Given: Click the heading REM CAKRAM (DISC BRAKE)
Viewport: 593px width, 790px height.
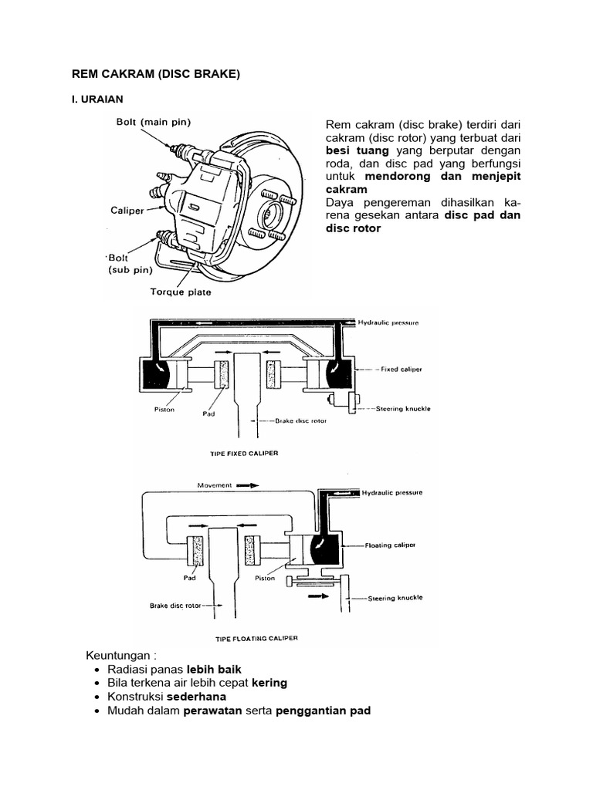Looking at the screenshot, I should pos(157,74).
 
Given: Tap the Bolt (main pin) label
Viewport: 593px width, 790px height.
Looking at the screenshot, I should pos(154,121).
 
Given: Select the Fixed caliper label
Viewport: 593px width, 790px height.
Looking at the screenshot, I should pos(401,370).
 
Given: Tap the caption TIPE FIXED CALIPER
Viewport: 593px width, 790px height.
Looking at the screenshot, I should pos(244,454).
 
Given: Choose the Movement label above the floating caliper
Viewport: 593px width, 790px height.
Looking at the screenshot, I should pos(215,486).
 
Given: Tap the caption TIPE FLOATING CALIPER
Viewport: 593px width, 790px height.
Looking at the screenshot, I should pos(255,639).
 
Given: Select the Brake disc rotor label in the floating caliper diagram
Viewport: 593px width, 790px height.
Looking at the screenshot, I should pos(175,606).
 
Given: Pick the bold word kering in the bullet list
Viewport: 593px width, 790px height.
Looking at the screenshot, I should pos(269,683).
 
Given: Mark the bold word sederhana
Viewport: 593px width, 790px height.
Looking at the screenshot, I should pos(196,697).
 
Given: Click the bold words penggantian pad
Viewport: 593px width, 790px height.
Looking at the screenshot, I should pos(323,711).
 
